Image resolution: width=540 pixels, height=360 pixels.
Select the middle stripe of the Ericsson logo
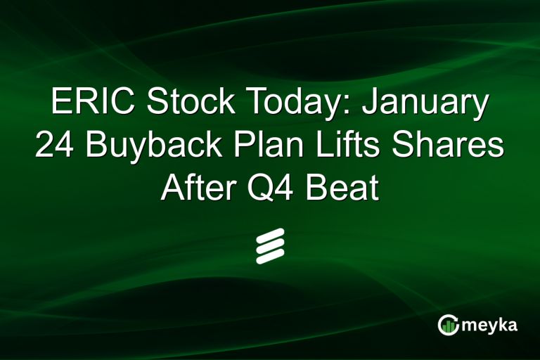coord(270,246)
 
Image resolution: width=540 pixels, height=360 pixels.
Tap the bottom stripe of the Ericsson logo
coord(270,257)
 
